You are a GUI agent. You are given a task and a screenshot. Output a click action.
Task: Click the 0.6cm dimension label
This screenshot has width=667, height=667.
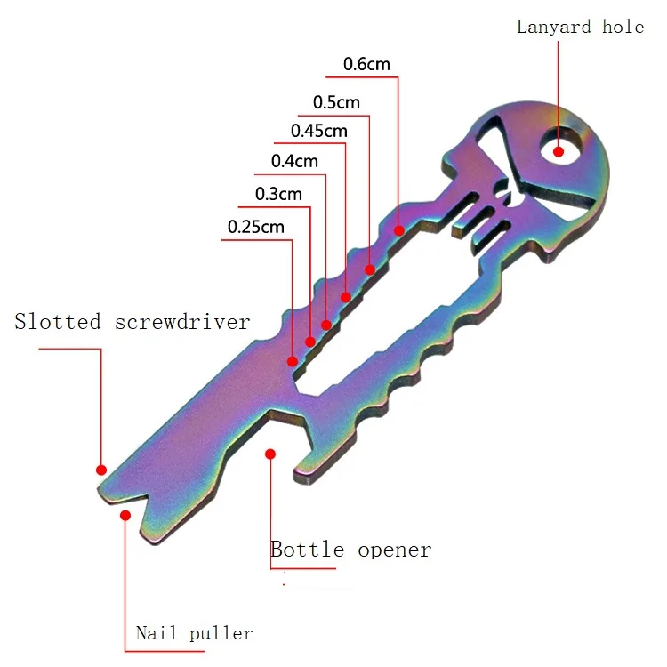click(x=366, y=64)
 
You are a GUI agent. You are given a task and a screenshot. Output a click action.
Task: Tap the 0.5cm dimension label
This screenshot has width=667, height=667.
click(x=336, y=102)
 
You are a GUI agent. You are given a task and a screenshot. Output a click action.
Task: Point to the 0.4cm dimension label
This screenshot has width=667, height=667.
click(x=294, y=162)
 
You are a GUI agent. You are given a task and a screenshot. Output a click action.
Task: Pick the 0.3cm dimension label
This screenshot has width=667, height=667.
click(x=278, y=194)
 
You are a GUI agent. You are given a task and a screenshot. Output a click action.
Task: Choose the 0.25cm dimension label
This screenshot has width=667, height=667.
click(x=256, y=227)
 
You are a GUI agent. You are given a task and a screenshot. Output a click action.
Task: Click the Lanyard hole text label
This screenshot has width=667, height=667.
click(x=580, y=27)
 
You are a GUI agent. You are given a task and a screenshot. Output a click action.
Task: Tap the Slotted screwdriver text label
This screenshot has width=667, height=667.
click(x=132, y=322)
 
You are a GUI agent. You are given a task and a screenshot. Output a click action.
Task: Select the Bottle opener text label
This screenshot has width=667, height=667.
click(x=350, y=550)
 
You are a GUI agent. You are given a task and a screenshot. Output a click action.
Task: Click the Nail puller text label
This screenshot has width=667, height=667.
click(x=194, y=634)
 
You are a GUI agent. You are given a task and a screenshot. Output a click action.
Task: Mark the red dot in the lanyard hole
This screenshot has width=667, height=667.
click(x=559, y=151)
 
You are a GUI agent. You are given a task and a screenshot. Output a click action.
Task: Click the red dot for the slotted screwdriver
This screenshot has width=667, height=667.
click(x=101, y=470)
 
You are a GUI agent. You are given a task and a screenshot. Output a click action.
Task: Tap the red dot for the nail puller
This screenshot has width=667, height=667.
click(x=125, y=516)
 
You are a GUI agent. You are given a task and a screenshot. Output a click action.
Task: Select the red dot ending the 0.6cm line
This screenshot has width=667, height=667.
click(x=399, y=230)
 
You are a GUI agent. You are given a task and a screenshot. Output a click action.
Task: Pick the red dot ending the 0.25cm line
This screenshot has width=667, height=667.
click(x=291, y=361)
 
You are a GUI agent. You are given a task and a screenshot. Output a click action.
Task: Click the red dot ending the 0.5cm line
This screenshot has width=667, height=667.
click(x=370, y=269)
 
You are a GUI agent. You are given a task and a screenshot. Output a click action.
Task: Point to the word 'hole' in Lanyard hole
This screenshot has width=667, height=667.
click(x=623, y=27)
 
